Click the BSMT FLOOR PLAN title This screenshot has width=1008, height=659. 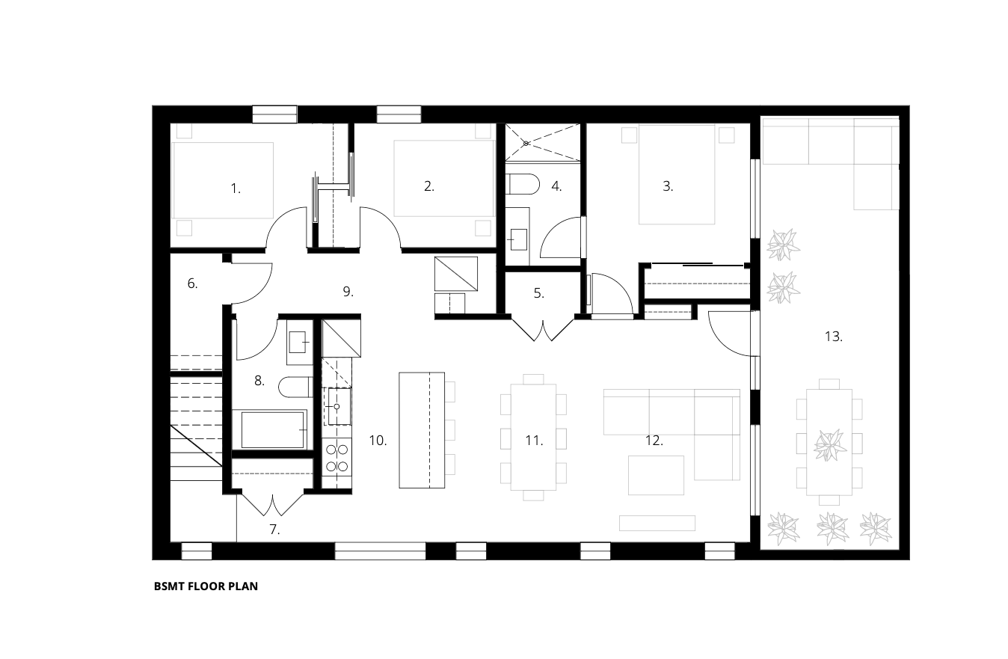click(206, 586)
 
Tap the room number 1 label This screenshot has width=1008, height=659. click(236, 188)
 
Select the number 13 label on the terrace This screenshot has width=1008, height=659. click(834, 337)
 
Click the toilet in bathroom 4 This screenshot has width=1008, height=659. click(523, 184)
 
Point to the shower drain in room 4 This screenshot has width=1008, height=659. click(526, 144)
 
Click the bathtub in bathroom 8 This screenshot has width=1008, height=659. click(273, 429)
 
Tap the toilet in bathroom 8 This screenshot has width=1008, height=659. click(295, 387)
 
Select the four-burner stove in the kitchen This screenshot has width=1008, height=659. click(337, 457)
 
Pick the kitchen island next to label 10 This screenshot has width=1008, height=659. click(422, 430)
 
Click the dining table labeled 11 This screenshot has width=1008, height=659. click(533, 437)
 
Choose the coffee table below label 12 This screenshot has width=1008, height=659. click(656, 475)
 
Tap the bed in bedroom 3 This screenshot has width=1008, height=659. click(677, 174)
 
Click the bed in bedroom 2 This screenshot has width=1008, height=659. click(444, 179)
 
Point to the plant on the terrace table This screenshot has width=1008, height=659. click(830, 445)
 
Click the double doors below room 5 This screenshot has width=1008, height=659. click(543, 330)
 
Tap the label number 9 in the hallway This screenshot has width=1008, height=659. click(348, 292)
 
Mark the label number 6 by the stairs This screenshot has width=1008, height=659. click(192, 283)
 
